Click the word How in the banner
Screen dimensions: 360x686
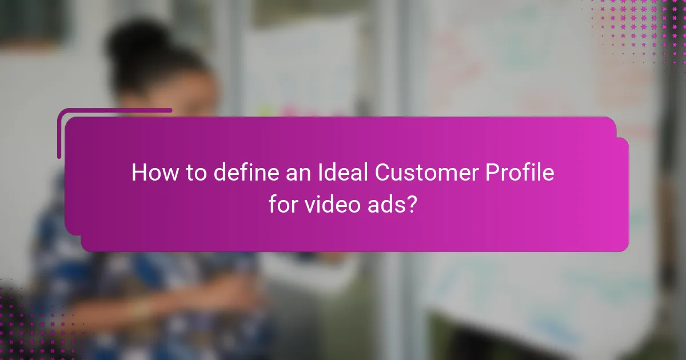click(151, 173)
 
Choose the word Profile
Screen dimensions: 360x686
click(521, 173)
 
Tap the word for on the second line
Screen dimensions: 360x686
click(283, 205)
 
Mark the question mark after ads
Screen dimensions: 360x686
click(412, 205)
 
